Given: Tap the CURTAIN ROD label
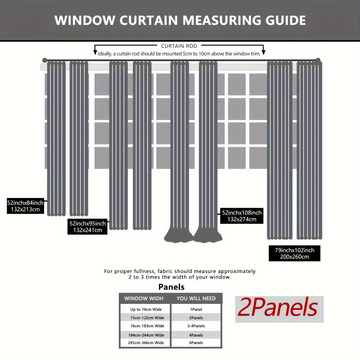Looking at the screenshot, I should pyautogui.click(x=179, y=46).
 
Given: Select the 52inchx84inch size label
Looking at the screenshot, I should pyautogui.click(x=25, y=206).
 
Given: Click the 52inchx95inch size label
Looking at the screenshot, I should pyautogui.click(x=88, y=227).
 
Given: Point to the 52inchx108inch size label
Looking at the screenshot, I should pyautogui.click(x=242, y=216).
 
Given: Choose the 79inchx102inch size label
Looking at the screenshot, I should pyautogui.click(x=295, y=253).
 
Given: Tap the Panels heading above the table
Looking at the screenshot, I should pyautogui.click(x=171, y=287).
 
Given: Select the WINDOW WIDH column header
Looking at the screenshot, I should pyautogui.click(x=144, y=298).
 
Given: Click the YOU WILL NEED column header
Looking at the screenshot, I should pyautogui.click(x=196, y=298).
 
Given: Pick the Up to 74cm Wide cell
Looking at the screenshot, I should pyautogui.click(x=146, y=309).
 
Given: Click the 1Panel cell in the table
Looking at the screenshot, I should pyautogui.click(x=196, y=309).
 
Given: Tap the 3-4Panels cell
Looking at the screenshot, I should pyautogui.click(x=197, y=326).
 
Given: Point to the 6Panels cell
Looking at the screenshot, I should pyautogui.click(x=196, y=343).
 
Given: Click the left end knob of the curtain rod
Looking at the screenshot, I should pyautogui.click(x=45, y=60).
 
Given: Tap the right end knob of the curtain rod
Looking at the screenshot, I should pyautogui.click(x=318, y=60).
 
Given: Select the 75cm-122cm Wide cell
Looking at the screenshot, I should pyautogui.click(x=147, y=318).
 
